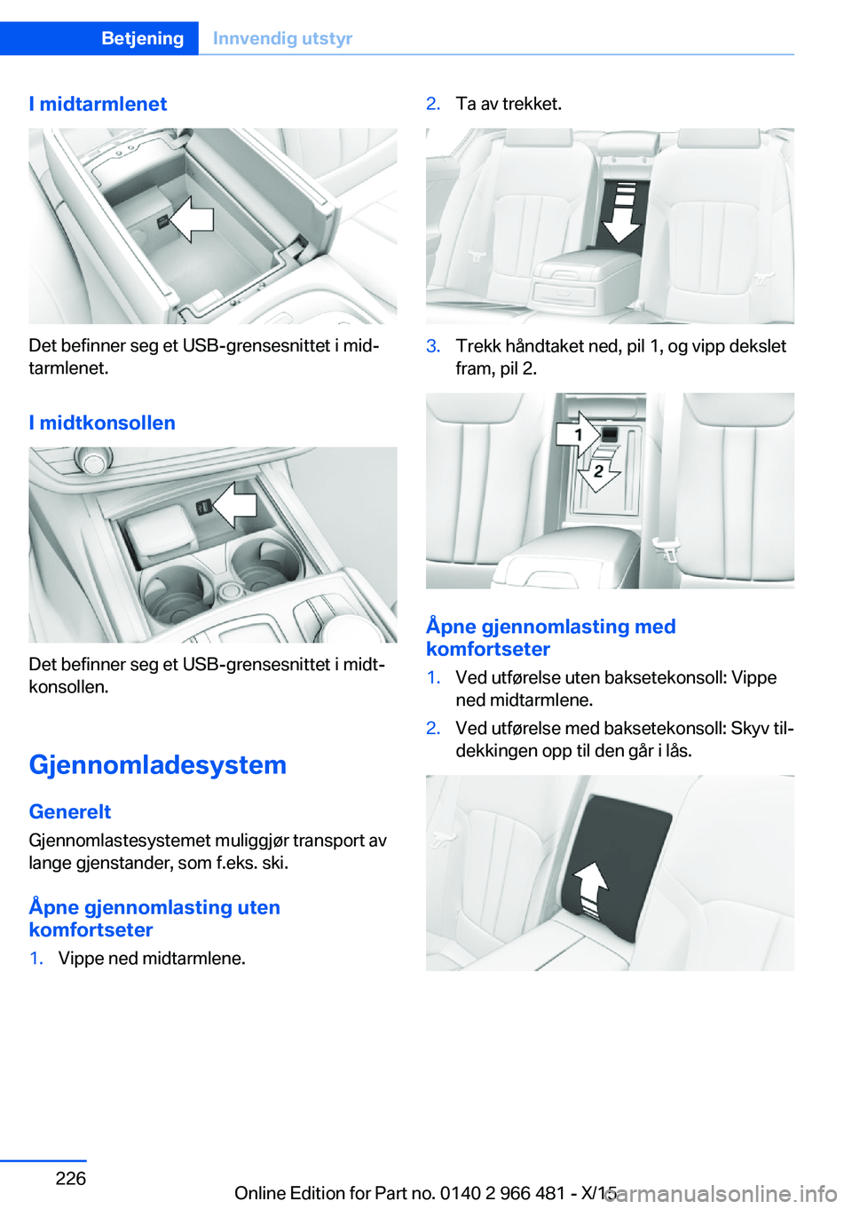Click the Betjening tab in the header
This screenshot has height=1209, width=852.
[x=143, y=38]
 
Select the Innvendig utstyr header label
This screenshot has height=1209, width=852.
[x=282, y=38]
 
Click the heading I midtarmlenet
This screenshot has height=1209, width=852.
[x=98, y=104]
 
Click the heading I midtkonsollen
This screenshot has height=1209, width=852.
[x=102, y=422]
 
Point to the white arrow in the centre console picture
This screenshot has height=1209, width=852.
[x=234, y=505]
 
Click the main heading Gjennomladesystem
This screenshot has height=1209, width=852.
[x=158, y=765]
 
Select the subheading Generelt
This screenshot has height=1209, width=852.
[x=70, y=811]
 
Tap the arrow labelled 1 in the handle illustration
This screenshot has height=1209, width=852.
[x=579, y=433]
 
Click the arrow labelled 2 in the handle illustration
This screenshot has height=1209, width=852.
[x=597, y=470]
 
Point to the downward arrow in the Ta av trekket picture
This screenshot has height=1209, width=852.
[x=621, y=213]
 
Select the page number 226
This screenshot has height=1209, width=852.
[x=71, y=1178]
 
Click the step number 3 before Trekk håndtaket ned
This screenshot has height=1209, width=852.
[x=433, y=346]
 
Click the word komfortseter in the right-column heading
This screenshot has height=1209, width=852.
[x=488, y=649]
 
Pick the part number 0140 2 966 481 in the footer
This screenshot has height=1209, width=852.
[x=503, y=1193]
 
